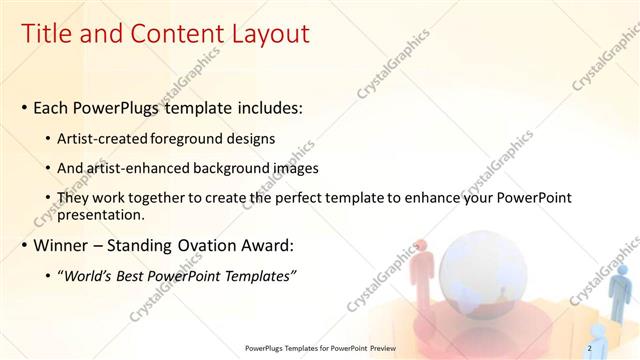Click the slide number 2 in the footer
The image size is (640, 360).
pos(590,348)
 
